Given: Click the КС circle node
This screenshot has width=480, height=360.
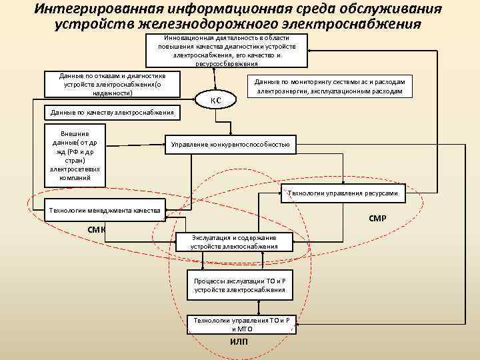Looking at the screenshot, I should [x=215, y=100].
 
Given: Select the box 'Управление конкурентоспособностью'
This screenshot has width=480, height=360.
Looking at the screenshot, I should [x=231, y=145].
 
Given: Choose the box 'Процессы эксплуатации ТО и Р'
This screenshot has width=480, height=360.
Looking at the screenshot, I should [x=239, y=285].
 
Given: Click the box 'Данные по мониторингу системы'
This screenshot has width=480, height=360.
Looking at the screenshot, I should [x=329, y=85].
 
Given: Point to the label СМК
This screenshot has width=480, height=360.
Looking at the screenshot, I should [x=97, y=231].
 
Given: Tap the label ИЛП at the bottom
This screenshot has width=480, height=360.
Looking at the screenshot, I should [x=239, y=342].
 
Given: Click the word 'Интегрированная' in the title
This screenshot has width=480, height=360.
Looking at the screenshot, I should [x=103, y=9].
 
